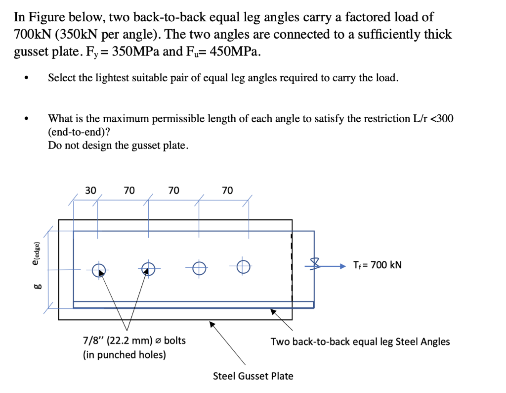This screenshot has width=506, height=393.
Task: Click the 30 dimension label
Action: [90, 190]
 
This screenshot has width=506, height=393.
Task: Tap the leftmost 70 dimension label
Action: [129, 190]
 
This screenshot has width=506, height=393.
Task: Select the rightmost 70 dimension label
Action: [227, 190]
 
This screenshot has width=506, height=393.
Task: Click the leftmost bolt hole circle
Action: [99, 269]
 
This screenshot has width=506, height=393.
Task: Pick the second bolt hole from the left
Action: [147, 269]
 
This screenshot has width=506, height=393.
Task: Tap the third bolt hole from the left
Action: [199, 267]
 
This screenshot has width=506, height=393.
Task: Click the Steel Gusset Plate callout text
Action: [253, 376]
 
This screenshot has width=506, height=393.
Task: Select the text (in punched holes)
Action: [124, 354]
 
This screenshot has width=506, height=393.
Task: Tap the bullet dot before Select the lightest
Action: [31, 78]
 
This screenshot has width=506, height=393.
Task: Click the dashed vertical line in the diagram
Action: [292, 267]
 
